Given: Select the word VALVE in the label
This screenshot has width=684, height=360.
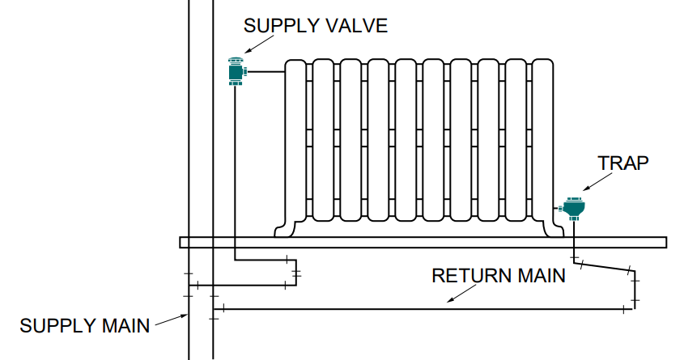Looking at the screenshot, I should (x=356, y=25).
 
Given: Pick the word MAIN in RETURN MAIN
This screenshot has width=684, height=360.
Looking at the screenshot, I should (x=539, y=275).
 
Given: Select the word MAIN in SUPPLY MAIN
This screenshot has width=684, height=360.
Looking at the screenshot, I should (x=126, y=326).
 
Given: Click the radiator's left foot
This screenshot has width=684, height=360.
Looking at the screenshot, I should (x=284, y=228).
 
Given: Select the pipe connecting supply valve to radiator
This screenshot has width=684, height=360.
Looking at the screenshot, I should (x=267, y=72).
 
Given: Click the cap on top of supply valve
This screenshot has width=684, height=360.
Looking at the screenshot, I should (x=236, y=59).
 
